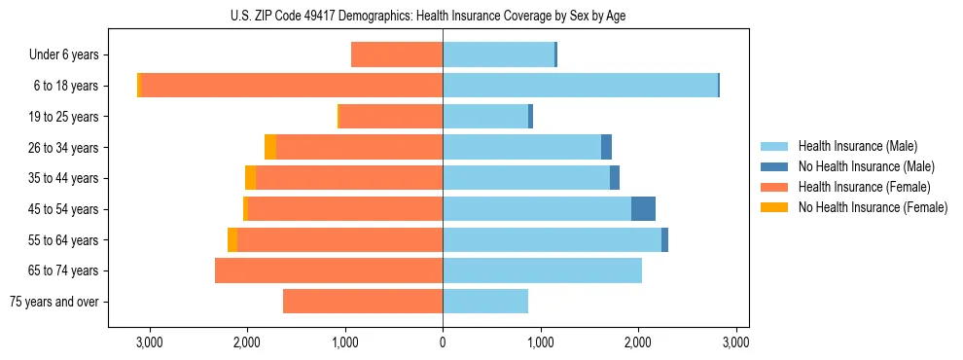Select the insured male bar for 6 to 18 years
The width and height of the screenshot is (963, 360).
(580, 86)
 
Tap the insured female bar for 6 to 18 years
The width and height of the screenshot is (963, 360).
(292, 86)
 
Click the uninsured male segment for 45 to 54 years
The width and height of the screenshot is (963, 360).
(643, 209)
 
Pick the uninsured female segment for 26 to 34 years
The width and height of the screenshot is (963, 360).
(270, 147)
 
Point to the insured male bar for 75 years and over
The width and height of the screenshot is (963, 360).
(485, 302)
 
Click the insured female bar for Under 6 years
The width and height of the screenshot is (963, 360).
(397, 54)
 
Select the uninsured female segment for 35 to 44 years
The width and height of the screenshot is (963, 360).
(250, 178)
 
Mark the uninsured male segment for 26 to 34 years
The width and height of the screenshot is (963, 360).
(606, 147)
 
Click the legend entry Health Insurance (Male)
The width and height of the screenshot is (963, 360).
(857, 146)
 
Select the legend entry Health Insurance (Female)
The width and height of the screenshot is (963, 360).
(864, 187)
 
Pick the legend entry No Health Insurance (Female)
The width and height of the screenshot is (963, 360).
(873, 207)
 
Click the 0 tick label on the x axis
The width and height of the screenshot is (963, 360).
(443, 342)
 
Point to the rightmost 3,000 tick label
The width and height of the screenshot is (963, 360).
(736, 342)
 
